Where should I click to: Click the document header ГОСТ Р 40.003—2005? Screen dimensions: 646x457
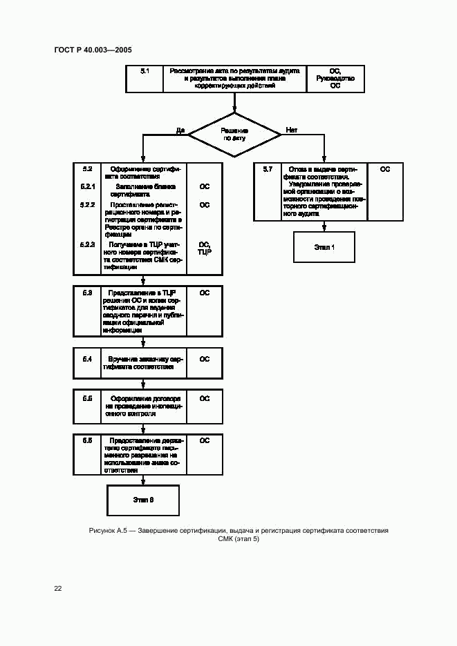pos(92,50)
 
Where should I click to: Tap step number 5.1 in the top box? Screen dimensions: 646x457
pos(144,71)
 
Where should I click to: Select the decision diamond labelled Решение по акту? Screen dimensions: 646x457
pos(234,134)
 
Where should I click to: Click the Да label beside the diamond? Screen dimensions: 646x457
pos(180,130)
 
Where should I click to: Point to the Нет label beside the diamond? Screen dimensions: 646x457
pos(291,130)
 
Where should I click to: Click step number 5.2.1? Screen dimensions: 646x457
pos(87,186)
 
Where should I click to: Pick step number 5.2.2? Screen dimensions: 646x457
pos(87,205)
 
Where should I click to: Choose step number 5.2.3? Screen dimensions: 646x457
pos(87,245)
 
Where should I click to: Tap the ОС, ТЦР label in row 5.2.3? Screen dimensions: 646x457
pos(205,248)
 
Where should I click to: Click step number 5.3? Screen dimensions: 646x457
pos(87,293)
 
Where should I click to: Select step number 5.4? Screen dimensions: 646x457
pos(87,359)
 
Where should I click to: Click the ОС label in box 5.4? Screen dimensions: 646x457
pos(205,359)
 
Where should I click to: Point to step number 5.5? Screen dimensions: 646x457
pos(87,398)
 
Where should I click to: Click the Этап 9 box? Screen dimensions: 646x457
pos(143,500)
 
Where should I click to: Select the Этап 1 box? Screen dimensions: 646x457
pos(324,247)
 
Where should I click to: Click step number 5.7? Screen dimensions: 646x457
pos(268,169)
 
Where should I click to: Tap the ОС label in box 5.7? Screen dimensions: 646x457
pos(385,169)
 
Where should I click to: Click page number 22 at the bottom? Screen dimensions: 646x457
pos(58,589)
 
